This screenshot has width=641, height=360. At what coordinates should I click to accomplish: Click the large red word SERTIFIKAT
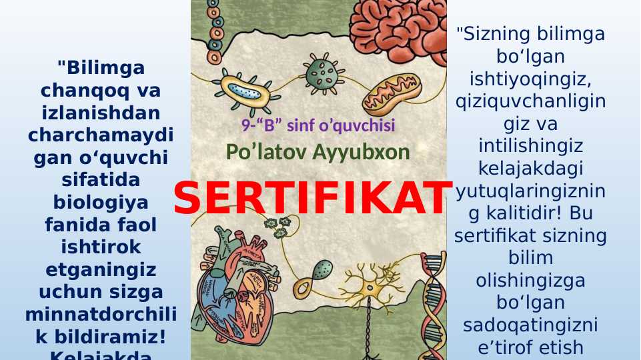(312, 198)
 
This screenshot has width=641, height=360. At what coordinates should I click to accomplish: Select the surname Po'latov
(263, 153)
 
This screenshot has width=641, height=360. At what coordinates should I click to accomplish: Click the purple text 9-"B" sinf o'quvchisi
(318, 125)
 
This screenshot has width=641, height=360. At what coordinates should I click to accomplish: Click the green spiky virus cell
(321, 69)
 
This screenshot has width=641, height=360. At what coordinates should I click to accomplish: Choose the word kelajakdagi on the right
(530, 169)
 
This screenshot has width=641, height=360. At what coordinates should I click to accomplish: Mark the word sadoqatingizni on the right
(530, 325)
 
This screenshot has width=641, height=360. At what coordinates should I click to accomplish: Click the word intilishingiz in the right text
(530, 146)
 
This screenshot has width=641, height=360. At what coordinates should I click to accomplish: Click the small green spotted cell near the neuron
(322, 269)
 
